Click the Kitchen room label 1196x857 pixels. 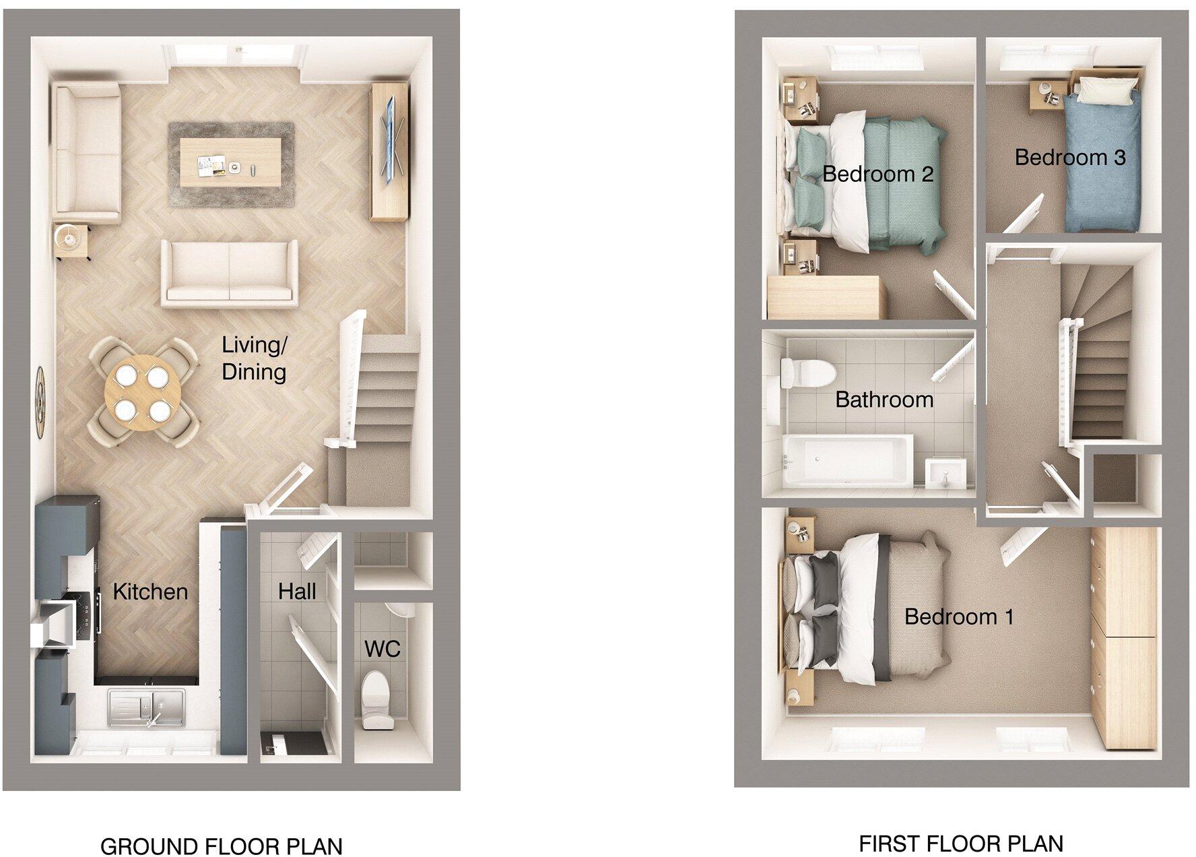149,592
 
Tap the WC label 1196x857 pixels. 382,649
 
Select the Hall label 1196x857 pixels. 297,592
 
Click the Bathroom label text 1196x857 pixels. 884,400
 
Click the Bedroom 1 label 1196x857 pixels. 958,616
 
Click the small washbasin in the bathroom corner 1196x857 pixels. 945,474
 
